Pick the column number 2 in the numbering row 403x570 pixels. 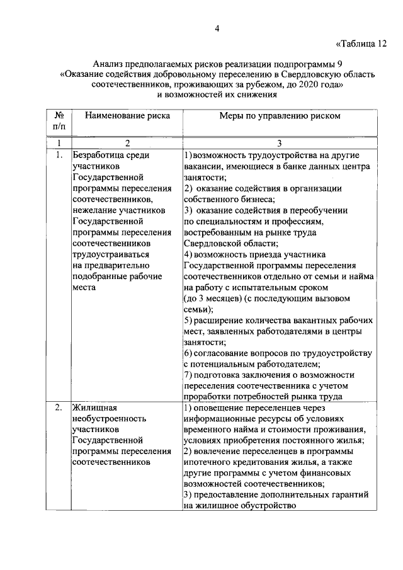pyautogui.click(x=127, y=143)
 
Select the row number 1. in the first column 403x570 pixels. pyautogui.click(x=57, y=154)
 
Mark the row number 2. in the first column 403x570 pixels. pyautogui.click(x=57, y=408)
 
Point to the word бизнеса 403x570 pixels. pyautogui.click(x=247, y=199)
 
